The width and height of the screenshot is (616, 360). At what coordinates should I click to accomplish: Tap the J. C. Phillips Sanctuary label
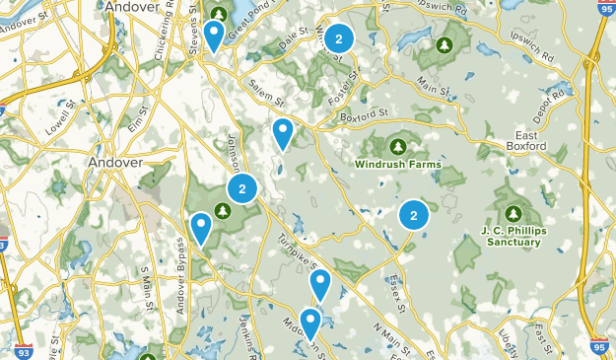pos(512,236)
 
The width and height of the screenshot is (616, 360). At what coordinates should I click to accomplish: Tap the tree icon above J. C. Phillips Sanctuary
pos(513,213)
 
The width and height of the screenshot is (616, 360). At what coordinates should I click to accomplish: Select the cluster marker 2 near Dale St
pos(339,39)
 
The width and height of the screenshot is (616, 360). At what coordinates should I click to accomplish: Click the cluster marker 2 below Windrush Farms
pos(413,214)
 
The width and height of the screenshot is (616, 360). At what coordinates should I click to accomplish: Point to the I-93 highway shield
pos(23,350)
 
